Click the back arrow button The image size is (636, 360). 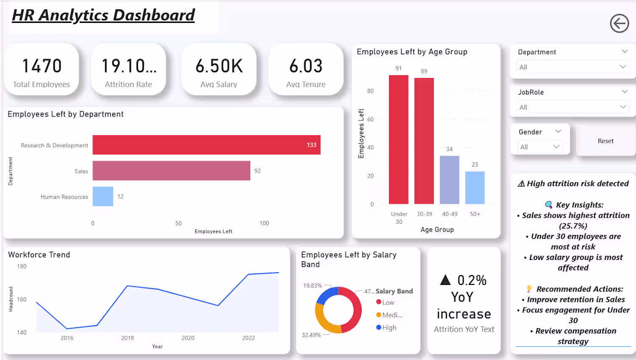pos(619,23)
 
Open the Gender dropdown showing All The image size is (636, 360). pos(539,147)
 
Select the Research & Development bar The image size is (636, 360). pos(206,145)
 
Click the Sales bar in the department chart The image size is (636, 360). pos(171,170)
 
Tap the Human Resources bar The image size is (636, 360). pos(103,196)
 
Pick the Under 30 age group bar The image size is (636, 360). pos(399,140)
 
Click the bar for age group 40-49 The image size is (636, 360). pos(449,180)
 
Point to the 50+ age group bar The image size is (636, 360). pos(475,188)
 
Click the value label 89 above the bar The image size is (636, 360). pos(424,71)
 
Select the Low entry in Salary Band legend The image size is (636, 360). pos(385,302)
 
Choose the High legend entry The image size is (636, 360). pos(386,327)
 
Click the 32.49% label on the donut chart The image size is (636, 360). pos(311,335)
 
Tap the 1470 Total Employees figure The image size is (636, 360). pos(42,66)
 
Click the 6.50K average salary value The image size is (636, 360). pos(219,66)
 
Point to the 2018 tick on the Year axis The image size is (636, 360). pos(128,338)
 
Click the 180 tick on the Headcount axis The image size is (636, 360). pos(22,266)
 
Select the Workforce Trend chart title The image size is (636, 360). pos(39,255)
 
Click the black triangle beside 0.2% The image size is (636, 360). pos(446,280)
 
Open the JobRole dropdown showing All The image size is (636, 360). pos(572,107)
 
